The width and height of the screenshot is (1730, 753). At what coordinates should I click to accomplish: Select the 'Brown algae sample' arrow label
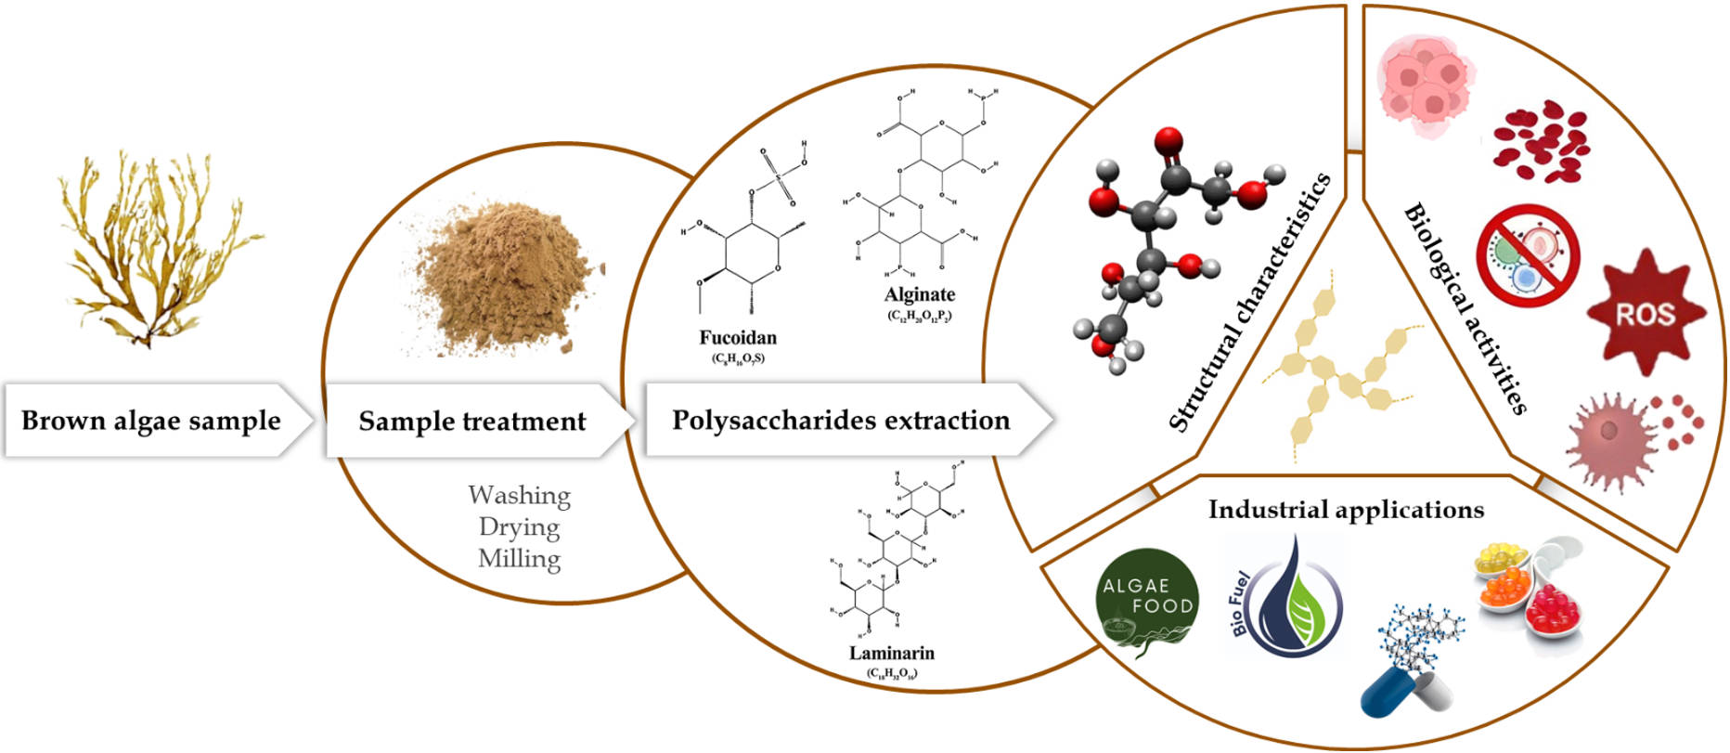pyautogui.click(x=151, y=421)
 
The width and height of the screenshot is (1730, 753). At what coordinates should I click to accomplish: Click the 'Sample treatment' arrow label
pyautogui.click(x=472, y=422)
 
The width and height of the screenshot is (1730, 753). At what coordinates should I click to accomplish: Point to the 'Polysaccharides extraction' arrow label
pyautogui.click(x=841, y=421)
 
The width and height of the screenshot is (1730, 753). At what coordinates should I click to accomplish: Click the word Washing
pyautogui.click(x=519, y=495)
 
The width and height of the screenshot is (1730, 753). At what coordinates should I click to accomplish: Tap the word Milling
pyautogui.click(x=519, y=558)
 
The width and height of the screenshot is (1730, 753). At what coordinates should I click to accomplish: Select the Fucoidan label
pyautogui.click(x=738, y=338)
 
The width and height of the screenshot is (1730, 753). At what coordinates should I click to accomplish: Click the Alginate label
pyautogui.click(x=919, y=294)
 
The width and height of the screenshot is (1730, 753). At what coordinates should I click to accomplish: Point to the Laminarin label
pyautogui.click(x=891, y=653)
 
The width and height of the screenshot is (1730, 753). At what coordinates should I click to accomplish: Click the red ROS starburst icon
pyautogui.click(x=1645, y=313)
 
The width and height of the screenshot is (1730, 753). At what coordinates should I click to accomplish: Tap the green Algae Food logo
pyautogui.click(x=1147, y=603)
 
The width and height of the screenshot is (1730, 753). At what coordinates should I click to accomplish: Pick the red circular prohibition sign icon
pyautogui.click(x=1528, y=256)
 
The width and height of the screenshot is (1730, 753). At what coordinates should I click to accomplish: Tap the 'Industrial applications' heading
pyautogui.click(x=1345, y=510)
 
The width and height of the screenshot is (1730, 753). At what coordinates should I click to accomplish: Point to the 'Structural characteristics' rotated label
pyautogui.click(x=1248, y=303)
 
